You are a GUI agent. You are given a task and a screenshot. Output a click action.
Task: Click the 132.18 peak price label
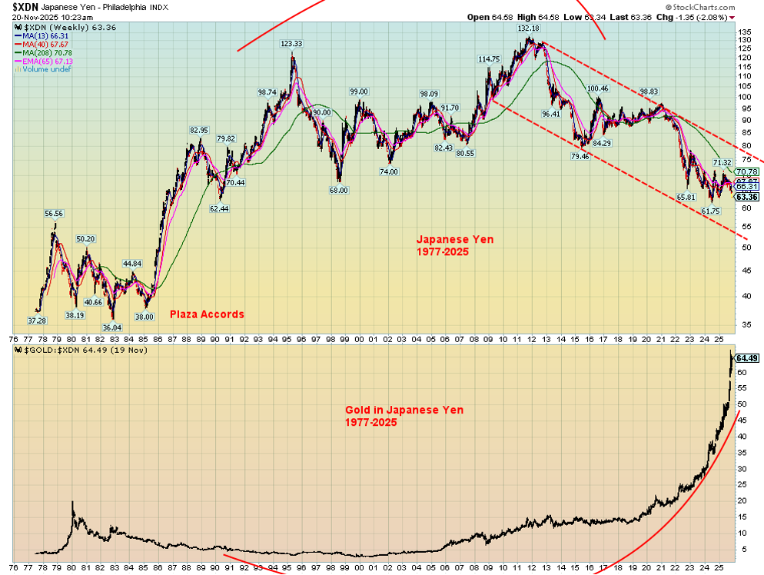[x=528, y=28]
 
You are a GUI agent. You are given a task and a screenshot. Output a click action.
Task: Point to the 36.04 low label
[x=112, y=327]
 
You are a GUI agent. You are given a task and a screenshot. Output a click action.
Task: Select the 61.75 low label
[x=710, y=211]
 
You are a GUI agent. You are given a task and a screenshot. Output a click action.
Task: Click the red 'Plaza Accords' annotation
[x=207, y=314]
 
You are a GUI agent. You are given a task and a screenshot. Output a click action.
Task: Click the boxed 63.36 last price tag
[x=746, y=196]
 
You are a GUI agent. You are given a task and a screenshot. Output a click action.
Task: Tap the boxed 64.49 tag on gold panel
[x=746, y=358]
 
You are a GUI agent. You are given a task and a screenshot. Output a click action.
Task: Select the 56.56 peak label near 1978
[x=54, y=214]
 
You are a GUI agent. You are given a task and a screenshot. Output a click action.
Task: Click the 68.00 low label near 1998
[x=339, y=190]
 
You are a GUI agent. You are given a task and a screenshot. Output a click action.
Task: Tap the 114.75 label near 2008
[x=489, y=58]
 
